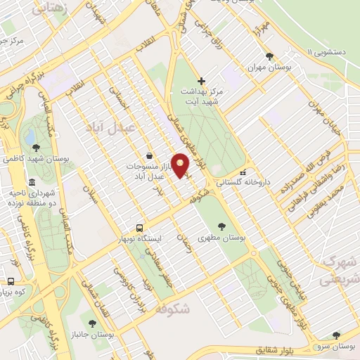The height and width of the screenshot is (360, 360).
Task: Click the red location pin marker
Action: coord(181,165)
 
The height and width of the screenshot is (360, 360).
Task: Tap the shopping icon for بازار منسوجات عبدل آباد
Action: coord(149,155)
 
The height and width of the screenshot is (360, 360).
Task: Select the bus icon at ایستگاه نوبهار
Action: coord(140,228)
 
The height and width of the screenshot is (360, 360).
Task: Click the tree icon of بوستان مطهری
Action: coord(222,226)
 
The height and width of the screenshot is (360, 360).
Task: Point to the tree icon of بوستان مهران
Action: coord(269,57)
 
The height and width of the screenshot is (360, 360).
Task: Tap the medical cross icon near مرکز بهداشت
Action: coord(201,82)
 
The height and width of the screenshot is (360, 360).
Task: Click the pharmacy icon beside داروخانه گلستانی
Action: coord(243,173)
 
